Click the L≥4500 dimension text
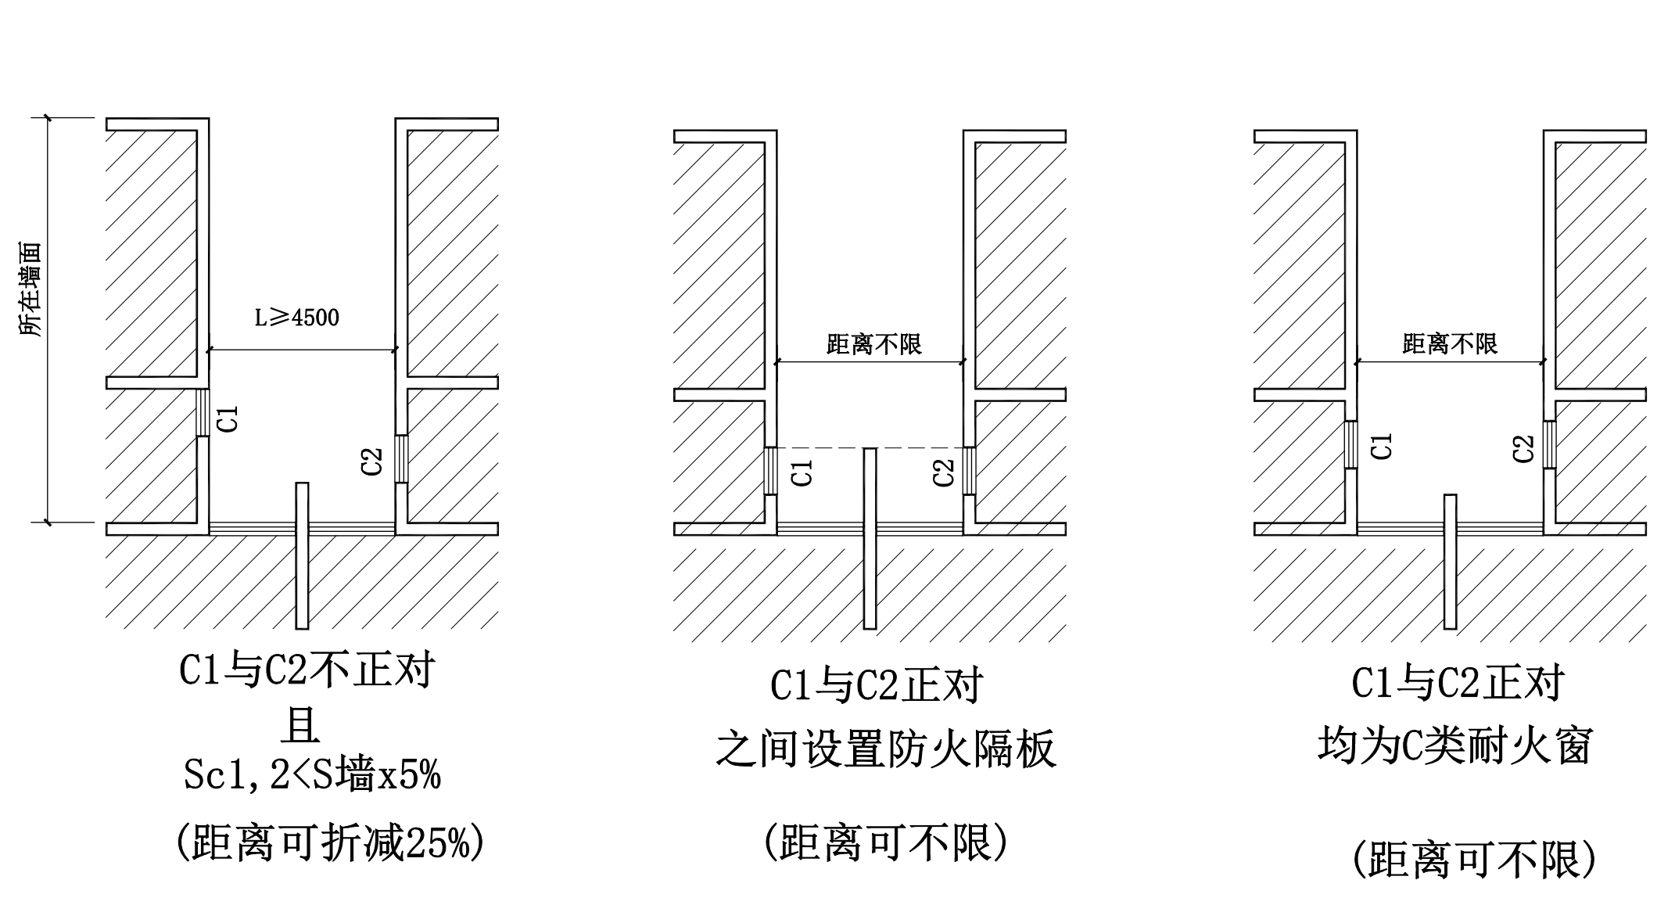pyautogui.click(x=297, y=318)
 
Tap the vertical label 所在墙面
pyautogui.click(x=31, y=289)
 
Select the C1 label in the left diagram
pyautogui.click(x=228, y=419)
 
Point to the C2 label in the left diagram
pyautogui.click(x=372, y=461)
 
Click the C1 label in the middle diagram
pyautogui.click(x=802, y=472)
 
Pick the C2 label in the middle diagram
pyautogui.click(x=944, y=472)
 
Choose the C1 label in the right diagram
pyautogui.click(x=1383, y=447)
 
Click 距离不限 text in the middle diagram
pyautogui.click(x=874, y=344)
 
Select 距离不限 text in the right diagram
pyautogui.click(x=1450, y=343)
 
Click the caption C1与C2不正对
pyautogui.click(x=307, y=670)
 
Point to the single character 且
pyautogui.click(x=301, y=725)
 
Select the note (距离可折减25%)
pyautogui.click(x=329, y=843)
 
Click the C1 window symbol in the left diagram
pyautogui.click(x=203, y=412)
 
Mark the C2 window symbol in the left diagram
pyautogui.click(x=401, y=459)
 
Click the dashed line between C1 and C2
pyautogui.click(x=821, y=447)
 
